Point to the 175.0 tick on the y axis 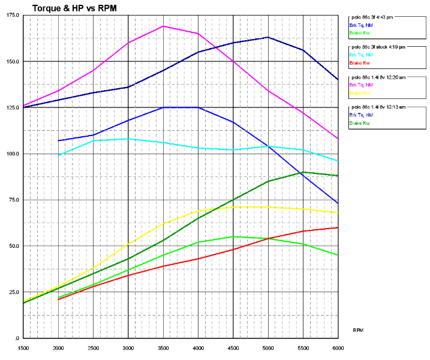pyautogui.click(x=12, y=15)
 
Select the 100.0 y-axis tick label pyautogui.click(x=12, y=154)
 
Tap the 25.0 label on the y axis pyautogui.click(x=13, y=292)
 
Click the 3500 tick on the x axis pyautogui.click(x=163, y=347)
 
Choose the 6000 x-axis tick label pyautogui.click(x=338, y=347)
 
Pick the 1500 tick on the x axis pyautogui.click(x=23, y=347)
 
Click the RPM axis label pyautogui.click(x=358, y=330)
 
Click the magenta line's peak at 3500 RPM pyautogui.click(x=163, y=26)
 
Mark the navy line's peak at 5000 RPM pyautogui.click(x=268, y=37)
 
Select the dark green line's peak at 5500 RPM pyautogui.click(x=303, y=172)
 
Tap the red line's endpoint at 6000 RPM pyautogui.click(x=338, y=227)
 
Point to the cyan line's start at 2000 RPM pyautogui.click(x=59, y=155)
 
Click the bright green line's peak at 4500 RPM pyautogui.click(x=233, y=236)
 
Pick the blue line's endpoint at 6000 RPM pyautogui.click(x=338, y=203)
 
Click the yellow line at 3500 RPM pyautogui.click(x=163, y=224)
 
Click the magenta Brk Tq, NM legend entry pyautogui.click(x=361, y=85)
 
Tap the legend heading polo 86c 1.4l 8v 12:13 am pyautogui.click(x=378, y=107)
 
